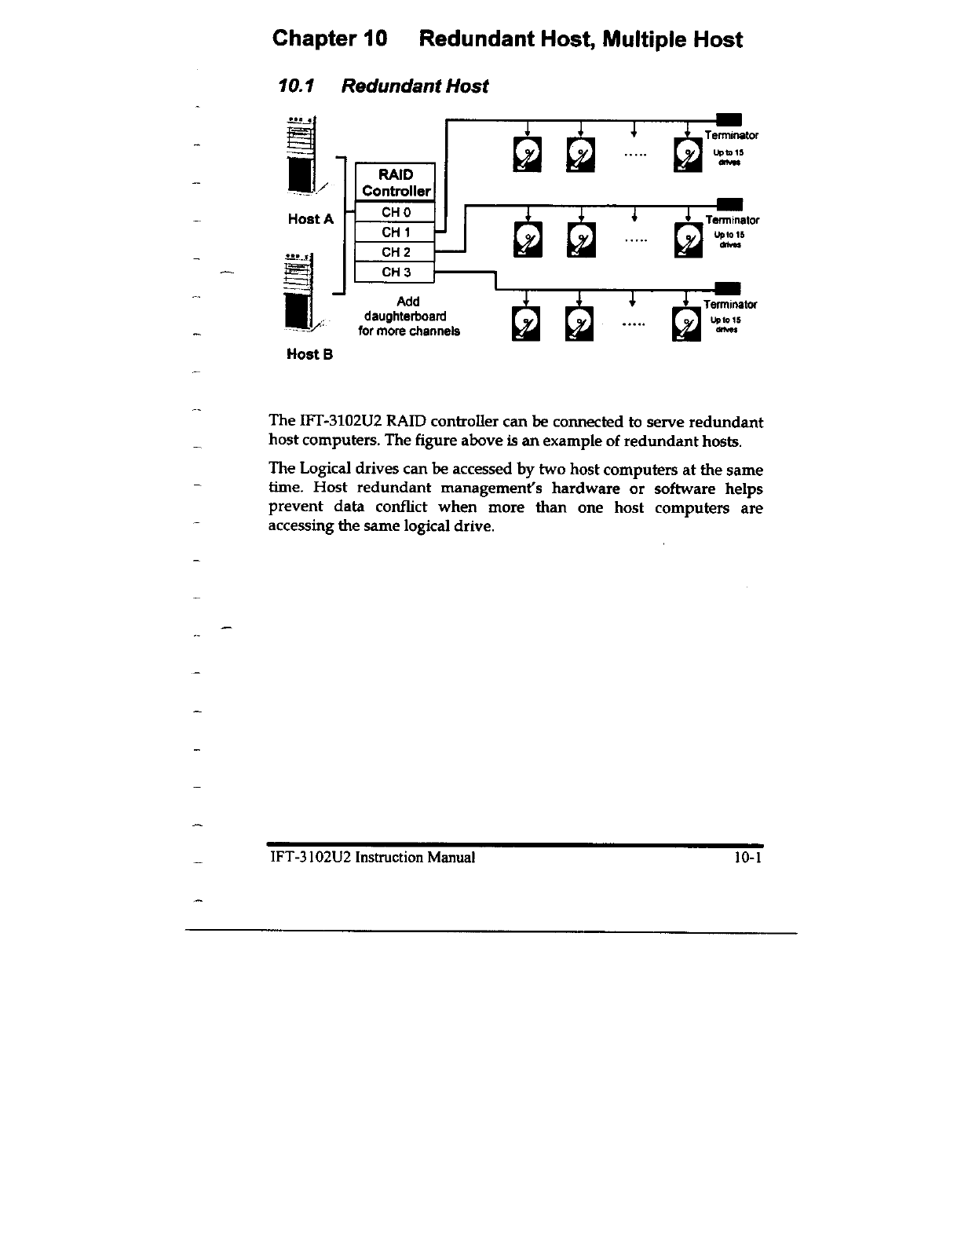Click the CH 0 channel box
pos(395,212)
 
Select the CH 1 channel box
pos(395,232)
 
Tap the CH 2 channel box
pos(395,252)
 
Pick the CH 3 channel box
pos(395,273)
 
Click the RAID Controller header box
pos(395,182)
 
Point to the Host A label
pos(310,219)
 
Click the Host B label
pos(310,354)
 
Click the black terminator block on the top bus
pos(730,119)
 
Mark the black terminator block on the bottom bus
pos(730,288)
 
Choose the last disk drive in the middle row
pos(689,240)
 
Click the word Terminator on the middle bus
pos(732,221)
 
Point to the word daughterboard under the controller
pos(405,316)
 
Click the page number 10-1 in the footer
pos(748,858)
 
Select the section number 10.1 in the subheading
pos(296,86)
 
